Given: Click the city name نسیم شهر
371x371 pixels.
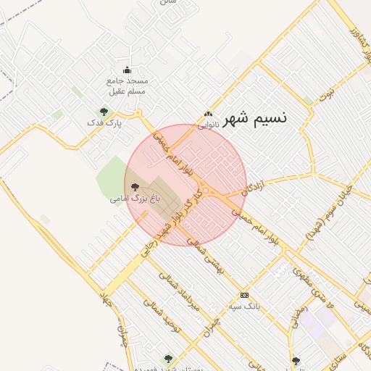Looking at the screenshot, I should tap(255, 119).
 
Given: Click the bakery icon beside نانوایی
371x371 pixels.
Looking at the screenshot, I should tap(209, 114).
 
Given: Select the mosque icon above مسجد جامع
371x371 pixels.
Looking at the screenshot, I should tap(128, 70).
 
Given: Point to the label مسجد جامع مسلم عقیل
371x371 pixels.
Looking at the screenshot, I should tap(128, 86).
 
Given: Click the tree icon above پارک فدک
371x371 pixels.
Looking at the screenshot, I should tap(104, 112).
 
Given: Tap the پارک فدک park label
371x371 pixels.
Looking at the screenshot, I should tap(104, 123).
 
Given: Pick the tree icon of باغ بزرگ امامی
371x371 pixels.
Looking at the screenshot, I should tap(135, 186).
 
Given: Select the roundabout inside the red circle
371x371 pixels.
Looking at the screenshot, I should tap(207, 191).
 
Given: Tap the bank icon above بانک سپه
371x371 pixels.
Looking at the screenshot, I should tap(244, 295).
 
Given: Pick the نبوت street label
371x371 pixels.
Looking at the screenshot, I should tap(332, 92).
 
